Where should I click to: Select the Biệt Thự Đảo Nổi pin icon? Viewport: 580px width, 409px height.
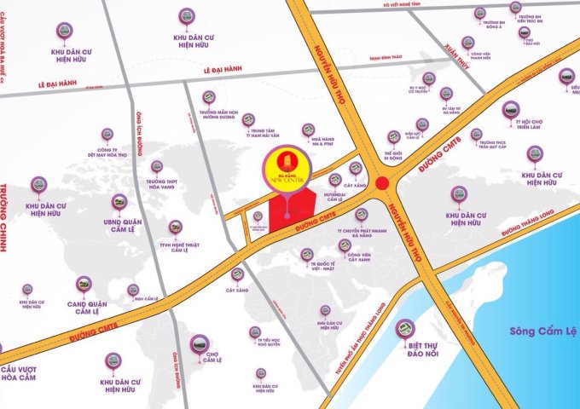(406, 327)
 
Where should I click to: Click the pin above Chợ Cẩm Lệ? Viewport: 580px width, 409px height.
(198, 343)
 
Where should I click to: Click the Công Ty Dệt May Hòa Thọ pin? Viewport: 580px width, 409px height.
(107, 134)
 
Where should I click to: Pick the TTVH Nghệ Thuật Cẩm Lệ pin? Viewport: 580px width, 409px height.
(175, 227)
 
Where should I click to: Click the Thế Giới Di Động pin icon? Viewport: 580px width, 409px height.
(393, 136)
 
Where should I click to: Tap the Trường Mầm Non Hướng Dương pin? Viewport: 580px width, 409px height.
(208, 97)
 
